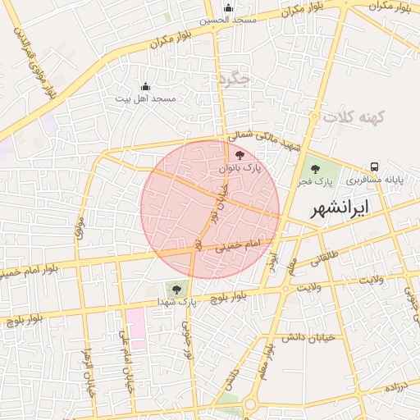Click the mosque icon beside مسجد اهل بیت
point(146,86)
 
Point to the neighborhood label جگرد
point(233,79)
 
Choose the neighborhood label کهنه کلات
point(354,117)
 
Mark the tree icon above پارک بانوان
point(240,155)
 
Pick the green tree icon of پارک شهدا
point(173,288)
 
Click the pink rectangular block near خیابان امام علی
point(135,328)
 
